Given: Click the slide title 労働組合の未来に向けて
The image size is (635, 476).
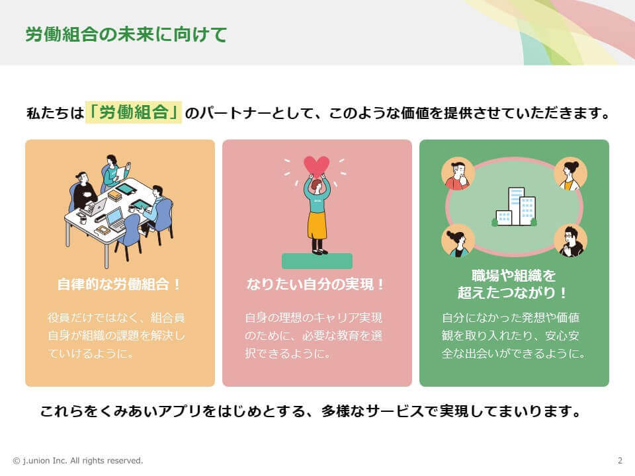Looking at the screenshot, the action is pyautogui.click(x=126, y=34).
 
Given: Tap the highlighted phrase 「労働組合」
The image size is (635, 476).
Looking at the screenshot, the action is pyautogui.click(x=133, y=112).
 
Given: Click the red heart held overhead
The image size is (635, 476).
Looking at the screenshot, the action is pyautogui.click(x=317, y=165).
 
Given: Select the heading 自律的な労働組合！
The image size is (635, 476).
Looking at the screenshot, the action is pyautogui.click(x=119, y=284).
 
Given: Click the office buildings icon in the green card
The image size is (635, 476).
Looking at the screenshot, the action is pyautogui.click(x=515, y=206).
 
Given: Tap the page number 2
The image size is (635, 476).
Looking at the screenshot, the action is pyautogui.click(x=620, y=461).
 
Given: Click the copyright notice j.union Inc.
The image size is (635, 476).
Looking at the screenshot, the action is pyautogui.click(x=78, y=461).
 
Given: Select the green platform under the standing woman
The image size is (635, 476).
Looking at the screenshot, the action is pyautogui.click(x=317, y=261).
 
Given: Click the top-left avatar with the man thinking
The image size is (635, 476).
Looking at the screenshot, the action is pyautogui.click(x=458, y=174).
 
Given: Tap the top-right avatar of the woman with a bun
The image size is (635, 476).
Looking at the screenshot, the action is pyautogui.click(x=571, y=174).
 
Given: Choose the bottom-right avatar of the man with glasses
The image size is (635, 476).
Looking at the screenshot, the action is pyautogui.click(x=571, y=241).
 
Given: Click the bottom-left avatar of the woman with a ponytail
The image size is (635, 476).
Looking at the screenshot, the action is pyautogui.click(x=458, y=241).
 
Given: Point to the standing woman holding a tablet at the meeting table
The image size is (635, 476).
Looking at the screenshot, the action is pyautogui.click(x=114, y=172).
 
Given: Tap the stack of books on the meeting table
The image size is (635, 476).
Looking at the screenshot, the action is pyautogui.click(x=115, y=196).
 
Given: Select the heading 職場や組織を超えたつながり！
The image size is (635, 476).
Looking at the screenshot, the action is pyautogui.click(x=513, y=284).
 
